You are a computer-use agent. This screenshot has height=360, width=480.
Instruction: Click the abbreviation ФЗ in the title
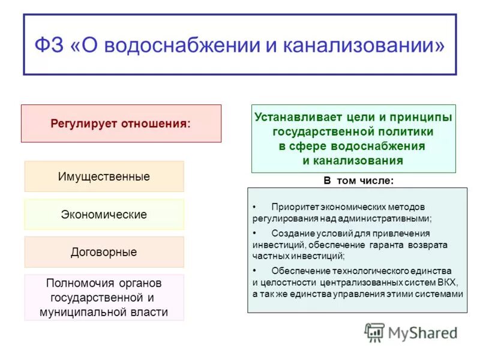coord(49,46)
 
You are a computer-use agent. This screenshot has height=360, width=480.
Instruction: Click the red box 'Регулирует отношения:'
coord(121,124)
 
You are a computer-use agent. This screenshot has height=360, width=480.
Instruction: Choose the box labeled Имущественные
coord(104,177)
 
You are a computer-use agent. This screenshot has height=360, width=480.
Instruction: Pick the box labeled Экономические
coord(104,214)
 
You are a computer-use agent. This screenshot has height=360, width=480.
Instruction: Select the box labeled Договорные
coord(104,252)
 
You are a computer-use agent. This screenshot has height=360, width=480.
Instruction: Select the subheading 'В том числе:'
coord(359,180)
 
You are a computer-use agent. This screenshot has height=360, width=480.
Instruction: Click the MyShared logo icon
coord(375,332)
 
